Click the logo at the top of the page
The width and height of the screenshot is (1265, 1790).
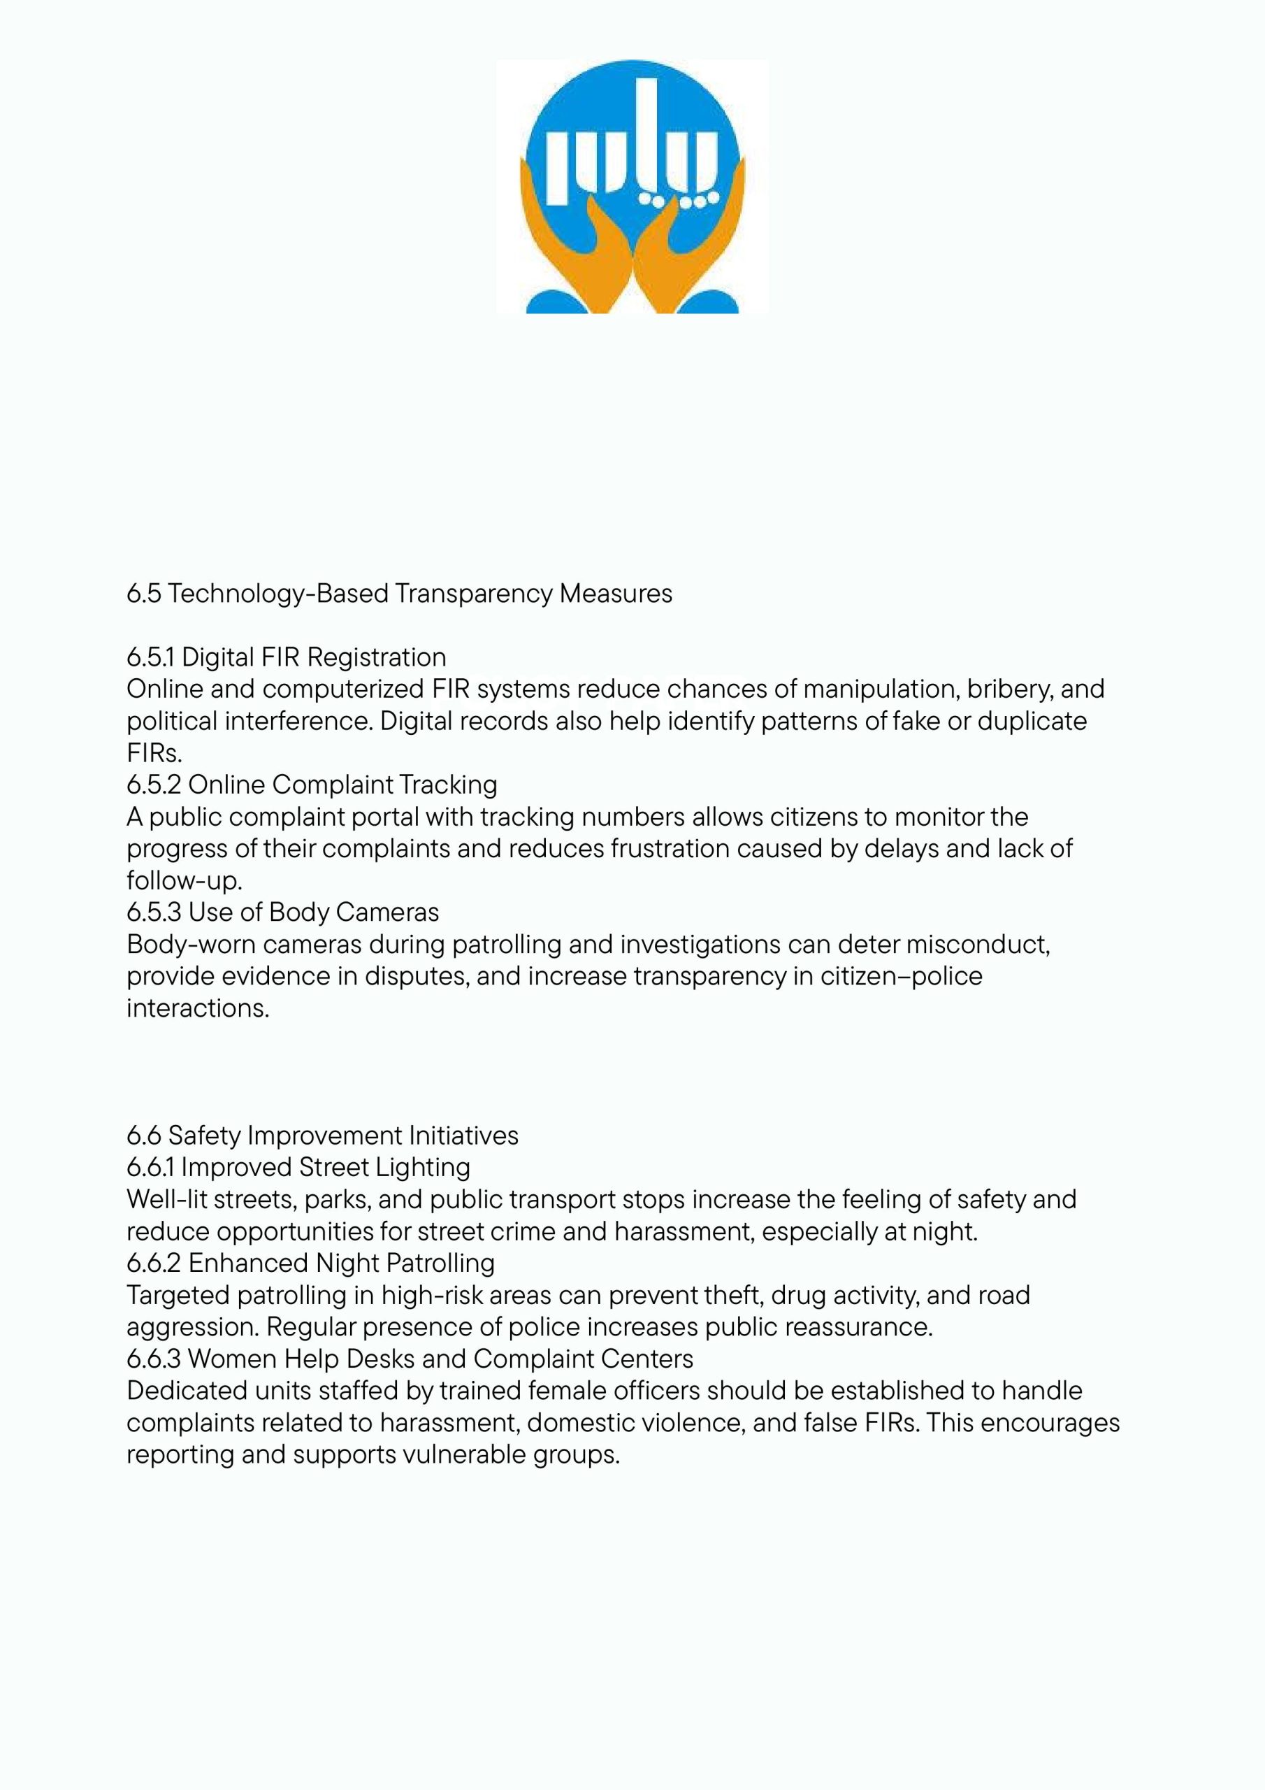tap(632, 187)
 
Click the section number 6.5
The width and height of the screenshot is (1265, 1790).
tap(143, 594)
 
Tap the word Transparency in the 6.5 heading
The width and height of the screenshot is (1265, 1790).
tap(473, 594)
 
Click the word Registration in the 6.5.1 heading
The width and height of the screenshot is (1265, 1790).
tap(377, 657)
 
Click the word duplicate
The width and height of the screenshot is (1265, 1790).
tap(1031, 721)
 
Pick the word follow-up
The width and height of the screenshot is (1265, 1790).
tap(185, 881)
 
